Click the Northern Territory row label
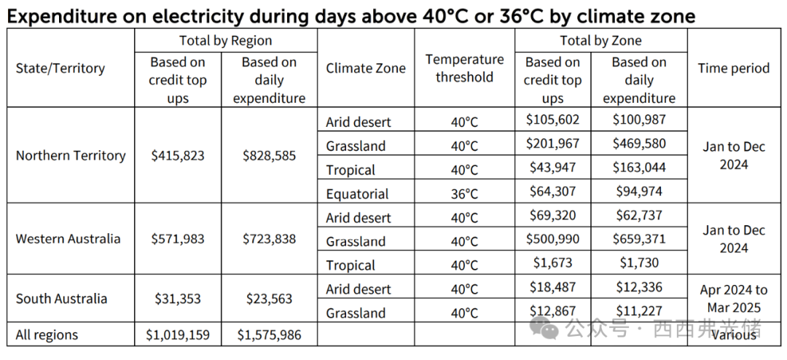pyautogui.click(x=71, y=155)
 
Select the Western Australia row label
pyautogui.click(x=68, y=239)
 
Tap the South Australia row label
pyautogui.click(x=61, y=299)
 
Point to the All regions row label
pyautogui.click(x=47, y=335)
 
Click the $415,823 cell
pyautogui.click(x=178, y=155)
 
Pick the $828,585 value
pyautogui.click(x=269, y=155)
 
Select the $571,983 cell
pyautogui.click(x=178, y=239)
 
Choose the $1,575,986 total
pyautogui.click(x=269, y=335)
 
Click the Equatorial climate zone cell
pyautogui.click(x=357, y=194)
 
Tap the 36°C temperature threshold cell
pyautogui.click(x=464, y=194)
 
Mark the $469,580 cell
pyautogui.click(x=639, y=144)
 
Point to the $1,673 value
pyautogui.click(x=552, y=263)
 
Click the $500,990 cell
pyautogui.click(x=552, y=240)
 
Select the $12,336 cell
pyautogui.click(x=639, y=289)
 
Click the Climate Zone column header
pyautogui.click(x=366, y=69)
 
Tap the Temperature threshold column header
pyautogui.click(x=464, y=69)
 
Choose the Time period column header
pyautogui.click(x=733, y=69)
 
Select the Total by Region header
pyautogui.click(x=226, y=41)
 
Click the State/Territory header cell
pyautogui.click(x=60, y=69)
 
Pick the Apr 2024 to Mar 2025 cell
pyautogui.click(x=734, y=299)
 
